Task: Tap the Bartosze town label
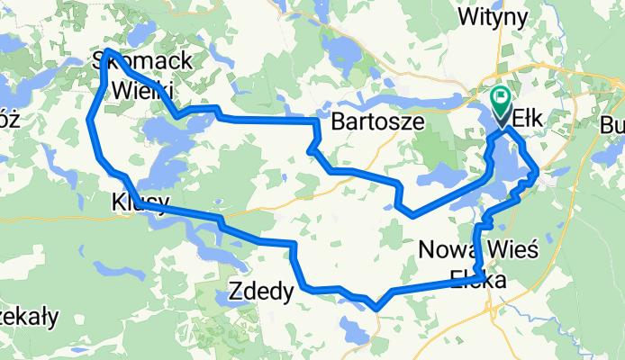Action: click(377, 122)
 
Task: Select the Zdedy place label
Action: click(260, 292)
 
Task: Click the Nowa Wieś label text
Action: click(478, 249)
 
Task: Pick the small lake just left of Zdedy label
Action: click(228, 296)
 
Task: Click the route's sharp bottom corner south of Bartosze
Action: click(412, 215)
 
